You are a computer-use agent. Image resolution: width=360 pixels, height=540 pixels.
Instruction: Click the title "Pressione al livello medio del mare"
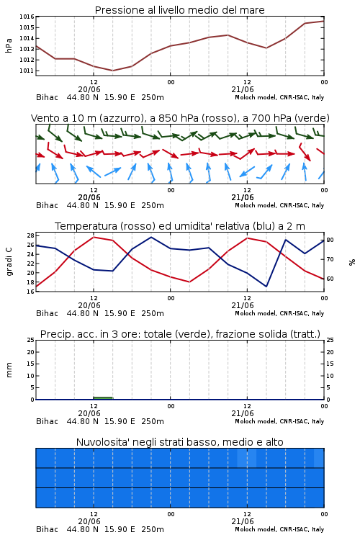tap(179, 10)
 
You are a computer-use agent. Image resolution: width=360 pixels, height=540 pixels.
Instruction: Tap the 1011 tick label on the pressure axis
tap(27, 71)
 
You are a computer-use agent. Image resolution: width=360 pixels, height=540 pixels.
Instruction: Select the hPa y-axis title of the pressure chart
tap(9, 45)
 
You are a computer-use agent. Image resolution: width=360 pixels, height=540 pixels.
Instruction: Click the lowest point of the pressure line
tap(112, 71)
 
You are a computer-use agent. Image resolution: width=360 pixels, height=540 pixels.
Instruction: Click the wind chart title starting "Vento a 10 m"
tap(180, 118)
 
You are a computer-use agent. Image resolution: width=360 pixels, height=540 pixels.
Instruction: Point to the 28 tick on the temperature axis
tap(30, 235)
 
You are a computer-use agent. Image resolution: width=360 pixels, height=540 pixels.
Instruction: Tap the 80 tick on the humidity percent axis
tap(330, 240)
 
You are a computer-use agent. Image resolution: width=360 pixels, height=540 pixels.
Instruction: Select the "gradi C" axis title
tap(9, 262)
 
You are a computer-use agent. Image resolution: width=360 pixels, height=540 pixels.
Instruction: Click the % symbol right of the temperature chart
tap(352, 262)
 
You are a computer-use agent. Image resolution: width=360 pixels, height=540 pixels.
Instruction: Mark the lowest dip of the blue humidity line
tap(266, 286)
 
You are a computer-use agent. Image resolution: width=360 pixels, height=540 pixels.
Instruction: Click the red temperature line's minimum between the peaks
tap(189, 282)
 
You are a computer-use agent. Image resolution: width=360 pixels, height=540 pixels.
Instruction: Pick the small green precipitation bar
tap(103, 398)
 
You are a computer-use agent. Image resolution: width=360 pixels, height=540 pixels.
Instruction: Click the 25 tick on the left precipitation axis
tap(30, 340)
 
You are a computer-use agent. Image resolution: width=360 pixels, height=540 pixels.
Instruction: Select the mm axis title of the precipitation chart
tap(9, 370)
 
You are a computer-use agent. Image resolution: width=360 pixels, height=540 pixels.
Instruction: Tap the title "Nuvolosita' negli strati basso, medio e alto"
tap(179, 442)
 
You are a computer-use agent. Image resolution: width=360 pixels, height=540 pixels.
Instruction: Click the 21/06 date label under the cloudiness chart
tap(243, 521)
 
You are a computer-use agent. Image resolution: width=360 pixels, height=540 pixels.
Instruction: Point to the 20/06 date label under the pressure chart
tap(89, 89)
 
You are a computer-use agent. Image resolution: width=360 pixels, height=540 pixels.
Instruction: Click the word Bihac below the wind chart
tap(48, 205)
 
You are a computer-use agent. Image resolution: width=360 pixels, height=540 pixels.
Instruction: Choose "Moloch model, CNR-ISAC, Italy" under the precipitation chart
tap(279, 421)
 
